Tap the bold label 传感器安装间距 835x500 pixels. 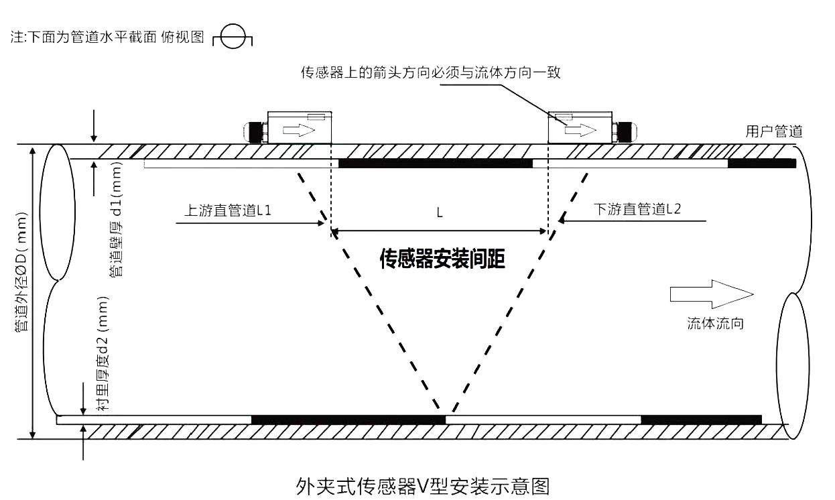point(442,259)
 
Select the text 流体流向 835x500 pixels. point(716,324)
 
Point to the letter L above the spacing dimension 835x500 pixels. point(440,213)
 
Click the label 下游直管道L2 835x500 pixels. point(637,209)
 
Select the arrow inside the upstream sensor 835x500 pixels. point(299,130)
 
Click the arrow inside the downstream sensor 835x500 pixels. point(580,130)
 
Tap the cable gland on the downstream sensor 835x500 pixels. point(625,131)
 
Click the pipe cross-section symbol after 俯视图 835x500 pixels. point(232,39)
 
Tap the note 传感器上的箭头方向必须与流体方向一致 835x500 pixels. point(430,72)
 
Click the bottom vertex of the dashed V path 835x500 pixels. point(446,410)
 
